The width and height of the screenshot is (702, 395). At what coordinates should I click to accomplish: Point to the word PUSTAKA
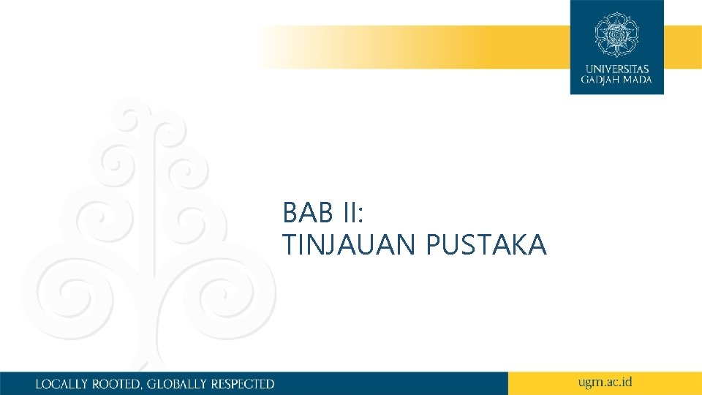(486, 246)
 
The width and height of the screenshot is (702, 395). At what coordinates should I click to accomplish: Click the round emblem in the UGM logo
(616, 34)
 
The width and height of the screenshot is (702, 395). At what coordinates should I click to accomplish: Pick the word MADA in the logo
(636, 80)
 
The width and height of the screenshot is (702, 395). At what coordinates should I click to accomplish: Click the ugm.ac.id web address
(605, 382)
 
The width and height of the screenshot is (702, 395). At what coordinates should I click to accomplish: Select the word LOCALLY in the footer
(61, 383)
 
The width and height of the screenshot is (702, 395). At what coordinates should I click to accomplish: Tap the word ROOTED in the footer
(117, 383)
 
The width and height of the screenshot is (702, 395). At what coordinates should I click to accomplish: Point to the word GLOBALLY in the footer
(178, 383)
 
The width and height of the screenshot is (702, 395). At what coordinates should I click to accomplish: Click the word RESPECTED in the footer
(243, 383)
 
